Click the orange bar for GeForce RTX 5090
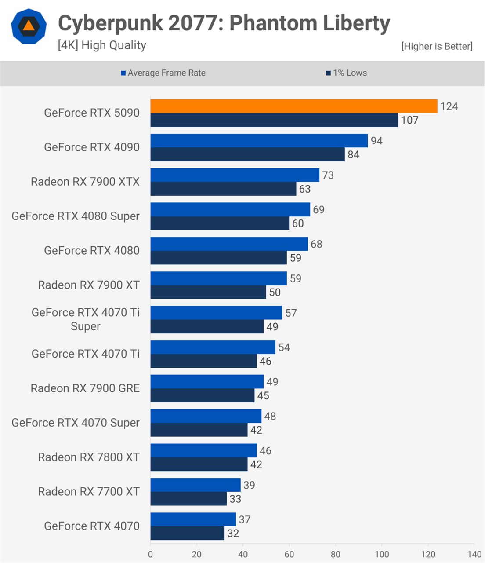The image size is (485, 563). click(x=293, y=106)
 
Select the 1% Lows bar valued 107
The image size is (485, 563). click(x=274, y=120)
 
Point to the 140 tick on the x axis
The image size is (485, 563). click(x=474, y=554)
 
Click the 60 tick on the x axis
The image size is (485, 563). click(x=289, y=554)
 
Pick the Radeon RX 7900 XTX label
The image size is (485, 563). click(x=85, y=182)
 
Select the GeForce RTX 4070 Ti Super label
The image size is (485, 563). click(x=85, y=319)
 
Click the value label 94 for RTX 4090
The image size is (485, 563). click(x=376, y=141)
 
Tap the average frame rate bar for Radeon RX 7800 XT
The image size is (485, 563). click(x=203, y=450)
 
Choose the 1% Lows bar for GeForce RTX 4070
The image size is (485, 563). click(x=187, y=533)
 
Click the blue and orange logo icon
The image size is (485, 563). click(x=29, y=26)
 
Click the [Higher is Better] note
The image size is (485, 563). click(x=437, y=46)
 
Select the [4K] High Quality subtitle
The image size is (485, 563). click(x=102, y=45)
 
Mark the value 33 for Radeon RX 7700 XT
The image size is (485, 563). click(x=235, y=499)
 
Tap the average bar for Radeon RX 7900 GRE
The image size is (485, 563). click(x=207, y=381)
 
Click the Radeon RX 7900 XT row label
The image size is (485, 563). click(x=89, y=285)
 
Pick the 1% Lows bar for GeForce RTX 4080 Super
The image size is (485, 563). click(x=220, y=223)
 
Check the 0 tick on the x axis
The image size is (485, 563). click(x=150, y=554)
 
